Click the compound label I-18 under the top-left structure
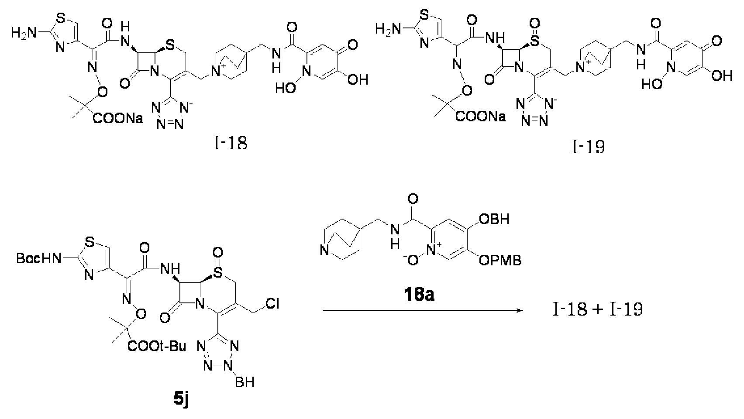coord(231,144)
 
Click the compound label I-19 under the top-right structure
coord(588,147)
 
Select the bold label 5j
coord(181,400)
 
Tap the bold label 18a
coord(419,295)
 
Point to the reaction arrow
coord(423,311)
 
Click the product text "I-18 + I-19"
coord(598,309)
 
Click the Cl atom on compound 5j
coord(272,303)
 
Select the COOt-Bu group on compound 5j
coord(157,347)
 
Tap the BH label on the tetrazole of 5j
coord(245,382)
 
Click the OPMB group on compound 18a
coord(500,260)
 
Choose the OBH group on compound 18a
coord(494,219)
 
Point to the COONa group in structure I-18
coord(118,118)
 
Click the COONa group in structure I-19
coord(481,117)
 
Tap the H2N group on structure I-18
coord(23,33)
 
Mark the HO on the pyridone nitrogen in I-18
coord(286,88)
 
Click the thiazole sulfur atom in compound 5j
coord(90,244)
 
